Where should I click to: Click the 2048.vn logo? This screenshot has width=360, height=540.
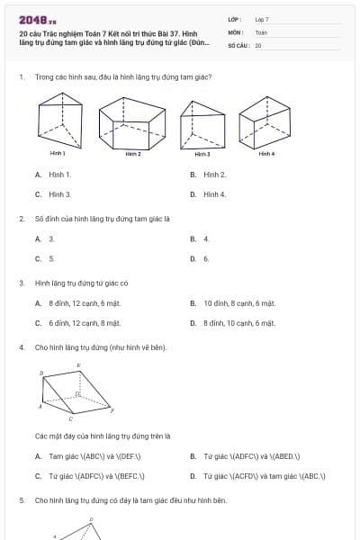(38, 20)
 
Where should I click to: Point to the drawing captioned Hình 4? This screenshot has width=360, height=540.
(265, 121)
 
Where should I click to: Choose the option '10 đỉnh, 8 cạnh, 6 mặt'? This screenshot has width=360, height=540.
(239, 303)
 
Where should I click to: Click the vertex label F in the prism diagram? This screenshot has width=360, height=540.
(112, 411)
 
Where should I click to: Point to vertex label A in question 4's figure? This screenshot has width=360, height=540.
(40, 407)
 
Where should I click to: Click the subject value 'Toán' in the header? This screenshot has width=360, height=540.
(261, 31)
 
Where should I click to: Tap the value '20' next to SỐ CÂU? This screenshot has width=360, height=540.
(258, 44)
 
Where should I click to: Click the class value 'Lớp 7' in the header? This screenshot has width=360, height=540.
(262, 19)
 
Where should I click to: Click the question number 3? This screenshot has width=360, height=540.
(21, 283)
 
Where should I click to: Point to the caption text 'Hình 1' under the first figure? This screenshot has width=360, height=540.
(58, 154)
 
